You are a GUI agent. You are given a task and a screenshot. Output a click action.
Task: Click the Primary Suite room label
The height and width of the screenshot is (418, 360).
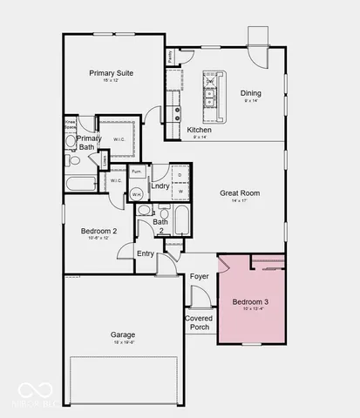tap(111, 74)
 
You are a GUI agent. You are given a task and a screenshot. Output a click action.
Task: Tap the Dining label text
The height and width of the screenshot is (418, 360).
tap(250, 93)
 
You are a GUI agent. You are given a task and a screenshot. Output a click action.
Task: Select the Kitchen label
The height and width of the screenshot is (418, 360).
tap(199, 130)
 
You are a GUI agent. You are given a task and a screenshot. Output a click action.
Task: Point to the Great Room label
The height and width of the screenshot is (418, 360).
tap(239, 193)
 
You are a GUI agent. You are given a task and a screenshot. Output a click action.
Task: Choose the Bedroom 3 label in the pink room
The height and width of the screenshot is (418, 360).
tap(250, 302)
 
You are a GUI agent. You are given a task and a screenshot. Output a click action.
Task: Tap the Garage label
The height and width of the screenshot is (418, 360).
tap(122, 334)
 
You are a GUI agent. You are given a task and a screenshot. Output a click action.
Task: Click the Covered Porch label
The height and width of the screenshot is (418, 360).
tap(199, 322)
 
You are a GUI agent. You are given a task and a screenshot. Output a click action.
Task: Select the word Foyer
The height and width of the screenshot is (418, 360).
tap(200, 276)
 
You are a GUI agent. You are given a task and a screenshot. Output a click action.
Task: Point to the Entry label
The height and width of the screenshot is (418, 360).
tap(146, 253)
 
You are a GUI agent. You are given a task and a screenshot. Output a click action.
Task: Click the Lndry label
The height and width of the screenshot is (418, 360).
tap(160, 185)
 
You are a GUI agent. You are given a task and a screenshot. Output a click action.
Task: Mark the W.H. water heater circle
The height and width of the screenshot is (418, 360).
tap(138, 195)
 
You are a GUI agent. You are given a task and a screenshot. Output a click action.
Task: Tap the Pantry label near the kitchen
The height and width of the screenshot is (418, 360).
tap(168, 57)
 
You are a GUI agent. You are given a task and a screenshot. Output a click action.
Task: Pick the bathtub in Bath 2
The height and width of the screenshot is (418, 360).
tap(181, 220)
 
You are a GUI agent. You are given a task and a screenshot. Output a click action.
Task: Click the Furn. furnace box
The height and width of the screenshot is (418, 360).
tap(138, 172)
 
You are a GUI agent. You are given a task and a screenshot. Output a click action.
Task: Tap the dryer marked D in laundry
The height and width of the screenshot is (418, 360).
tap(180, 174)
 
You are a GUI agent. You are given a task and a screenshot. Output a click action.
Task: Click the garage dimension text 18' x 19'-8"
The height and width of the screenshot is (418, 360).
tap(122, 344)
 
